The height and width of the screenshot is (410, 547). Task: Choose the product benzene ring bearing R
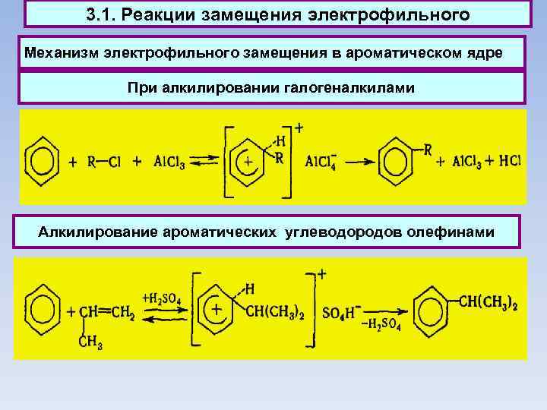396,160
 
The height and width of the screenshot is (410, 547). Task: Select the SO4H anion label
331,311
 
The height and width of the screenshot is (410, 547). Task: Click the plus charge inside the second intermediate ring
217,311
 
